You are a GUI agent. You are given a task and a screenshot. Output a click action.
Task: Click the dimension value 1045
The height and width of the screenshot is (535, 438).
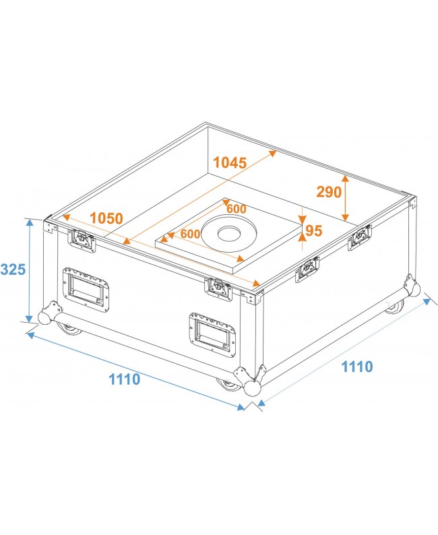230,162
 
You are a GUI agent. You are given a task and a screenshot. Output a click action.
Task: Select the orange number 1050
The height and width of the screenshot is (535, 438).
106,218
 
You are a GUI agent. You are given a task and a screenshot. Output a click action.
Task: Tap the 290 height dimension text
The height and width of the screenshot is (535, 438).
329,192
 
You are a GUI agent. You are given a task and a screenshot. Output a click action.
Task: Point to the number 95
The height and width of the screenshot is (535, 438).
314,231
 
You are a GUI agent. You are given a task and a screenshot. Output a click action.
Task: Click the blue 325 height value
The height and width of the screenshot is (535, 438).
13,270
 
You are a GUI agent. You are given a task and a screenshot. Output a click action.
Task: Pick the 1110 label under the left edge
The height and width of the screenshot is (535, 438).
125,379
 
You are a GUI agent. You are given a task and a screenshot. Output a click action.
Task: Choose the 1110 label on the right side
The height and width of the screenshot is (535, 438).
356,367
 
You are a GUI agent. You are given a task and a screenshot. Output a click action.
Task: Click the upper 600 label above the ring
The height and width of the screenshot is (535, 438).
236,209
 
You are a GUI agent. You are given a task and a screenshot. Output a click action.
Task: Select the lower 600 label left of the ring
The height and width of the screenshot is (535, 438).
191,234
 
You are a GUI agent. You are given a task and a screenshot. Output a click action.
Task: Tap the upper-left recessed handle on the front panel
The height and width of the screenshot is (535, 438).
86,289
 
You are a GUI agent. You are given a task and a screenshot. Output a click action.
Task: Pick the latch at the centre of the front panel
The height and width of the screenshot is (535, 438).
218,288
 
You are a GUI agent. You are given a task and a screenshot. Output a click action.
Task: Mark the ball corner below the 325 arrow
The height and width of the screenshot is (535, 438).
47,316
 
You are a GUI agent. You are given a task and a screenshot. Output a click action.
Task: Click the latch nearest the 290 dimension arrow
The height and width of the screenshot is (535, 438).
358,237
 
